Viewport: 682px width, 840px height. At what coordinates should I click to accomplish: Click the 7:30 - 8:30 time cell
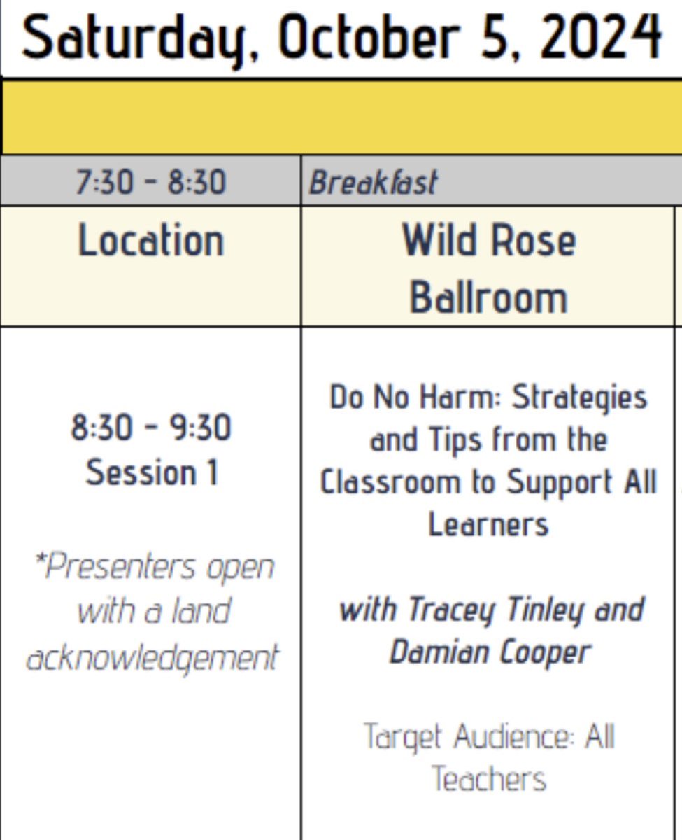(x=151, y=183)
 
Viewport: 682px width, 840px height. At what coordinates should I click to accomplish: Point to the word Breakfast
(x=374, y=183)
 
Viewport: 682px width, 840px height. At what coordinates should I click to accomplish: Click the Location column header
(x=151, y=241)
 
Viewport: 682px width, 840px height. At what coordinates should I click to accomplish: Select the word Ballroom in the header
(x=488, y=297)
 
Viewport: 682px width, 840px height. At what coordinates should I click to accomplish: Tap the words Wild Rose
(x=488, y=241)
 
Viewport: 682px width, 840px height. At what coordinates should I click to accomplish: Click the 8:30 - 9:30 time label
(x=151, y=428)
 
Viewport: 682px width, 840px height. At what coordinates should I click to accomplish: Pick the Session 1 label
(x=151, y=472)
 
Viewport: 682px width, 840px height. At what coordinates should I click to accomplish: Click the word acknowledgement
(x=152, y=657)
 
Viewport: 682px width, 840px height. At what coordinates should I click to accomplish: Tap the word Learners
(x=488, y=524)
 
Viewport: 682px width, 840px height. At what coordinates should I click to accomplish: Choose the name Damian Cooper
(x=490, y=652)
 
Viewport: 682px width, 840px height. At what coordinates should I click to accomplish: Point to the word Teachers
(x=488, y=779)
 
